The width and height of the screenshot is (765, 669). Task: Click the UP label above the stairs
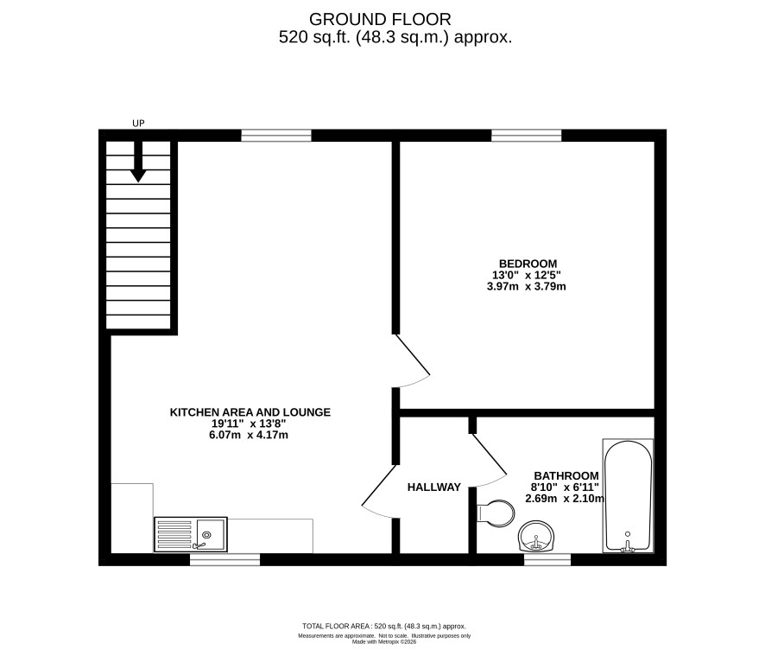pos(138,123)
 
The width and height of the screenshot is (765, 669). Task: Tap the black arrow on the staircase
pos(138,162)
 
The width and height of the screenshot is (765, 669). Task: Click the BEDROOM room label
pos(528,264)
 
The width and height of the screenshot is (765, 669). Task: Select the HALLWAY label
pos(434,487)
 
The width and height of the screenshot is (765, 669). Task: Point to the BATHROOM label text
pos(566,475)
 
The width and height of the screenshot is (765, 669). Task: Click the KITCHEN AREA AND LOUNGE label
pos(250,412)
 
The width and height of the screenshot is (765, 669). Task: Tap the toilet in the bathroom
pos(496,513)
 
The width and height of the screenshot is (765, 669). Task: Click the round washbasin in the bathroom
pos(536,536)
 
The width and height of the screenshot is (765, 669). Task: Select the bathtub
pos(628,495)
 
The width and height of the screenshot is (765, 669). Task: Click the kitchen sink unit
pos(191,535)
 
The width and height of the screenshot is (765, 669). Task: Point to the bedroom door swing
pos(413,361)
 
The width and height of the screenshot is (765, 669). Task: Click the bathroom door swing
pos(489,460)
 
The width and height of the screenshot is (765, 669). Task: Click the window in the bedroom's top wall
pos(527,135)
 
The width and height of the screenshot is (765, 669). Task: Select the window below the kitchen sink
pos(224,559)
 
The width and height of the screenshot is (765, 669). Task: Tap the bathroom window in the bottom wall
pos(547,559)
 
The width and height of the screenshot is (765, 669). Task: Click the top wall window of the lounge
pos(276,135)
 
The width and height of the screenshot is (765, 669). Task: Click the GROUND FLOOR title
pos(380,20)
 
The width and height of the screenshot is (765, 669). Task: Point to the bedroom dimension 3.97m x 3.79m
pos(527,287)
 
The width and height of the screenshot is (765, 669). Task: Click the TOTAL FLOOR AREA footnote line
pos(384,626)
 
